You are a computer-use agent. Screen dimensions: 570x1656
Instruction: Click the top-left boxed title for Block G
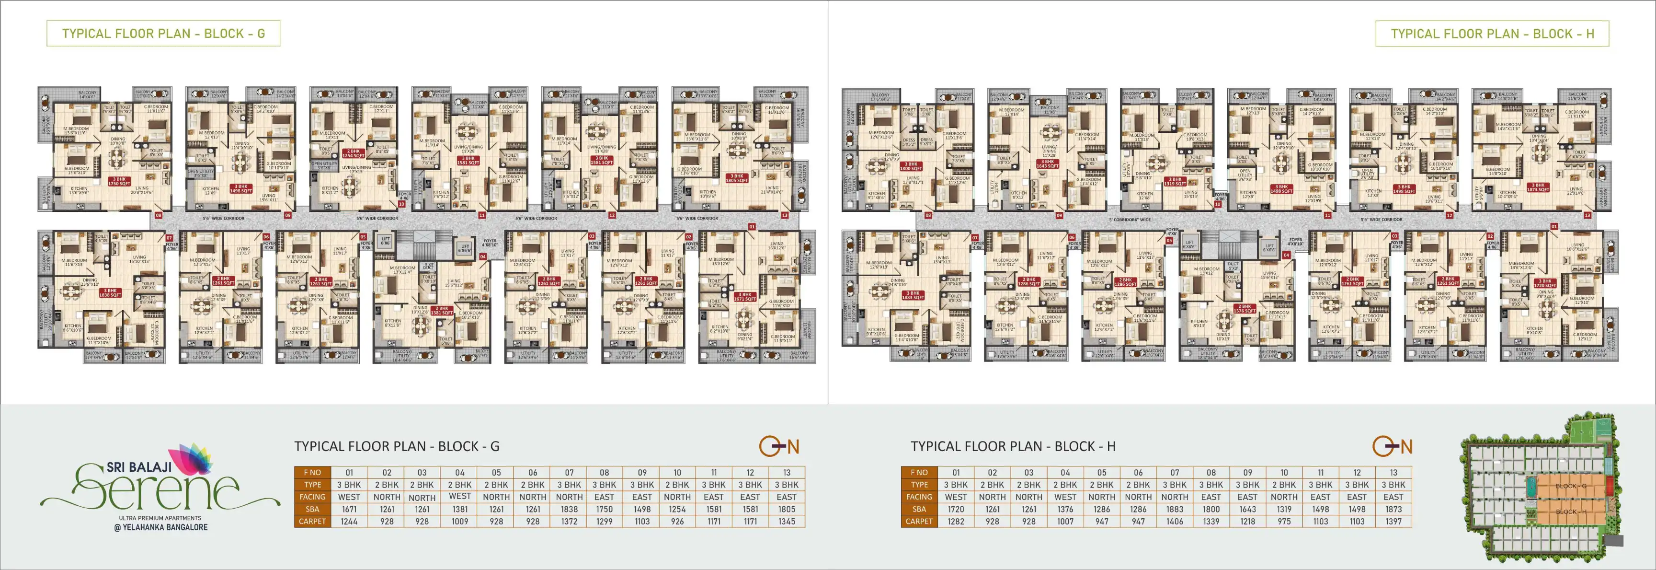point(163,34)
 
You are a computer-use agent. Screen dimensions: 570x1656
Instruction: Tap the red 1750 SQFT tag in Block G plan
point(119,181)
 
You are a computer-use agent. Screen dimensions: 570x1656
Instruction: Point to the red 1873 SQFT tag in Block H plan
point(1538,187)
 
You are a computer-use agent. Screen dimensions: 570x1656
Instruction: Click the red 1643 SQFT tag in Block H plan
point(1047,164)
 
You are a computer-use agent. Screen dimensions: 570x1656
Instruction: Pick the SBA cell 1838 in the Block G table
point(569,509)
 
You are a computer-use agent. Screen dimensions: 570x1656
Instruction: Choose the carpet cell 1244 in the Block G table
point(349,521)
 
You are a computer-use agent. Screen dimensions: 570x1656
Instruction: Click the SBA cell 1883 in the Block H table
point(1175,509)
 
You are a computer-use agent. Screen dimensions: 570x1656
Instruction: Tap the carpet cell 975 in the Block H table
point(1284,521)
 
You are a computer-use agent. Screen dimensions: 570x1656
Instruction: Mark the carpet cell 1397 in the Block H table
point(1393,521)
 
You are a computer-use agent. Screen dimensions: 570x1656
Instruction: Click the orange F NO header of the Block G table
point(312,472)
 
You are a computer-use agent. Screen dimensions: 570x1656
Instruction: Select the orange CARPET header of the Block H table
point(919,521)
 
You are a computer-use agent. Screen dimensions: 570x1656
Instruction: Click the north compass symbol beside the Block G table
point(779,446)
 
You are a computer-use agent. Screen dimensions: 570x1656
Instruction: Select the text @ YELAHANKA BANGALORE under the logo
point(165,527)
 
